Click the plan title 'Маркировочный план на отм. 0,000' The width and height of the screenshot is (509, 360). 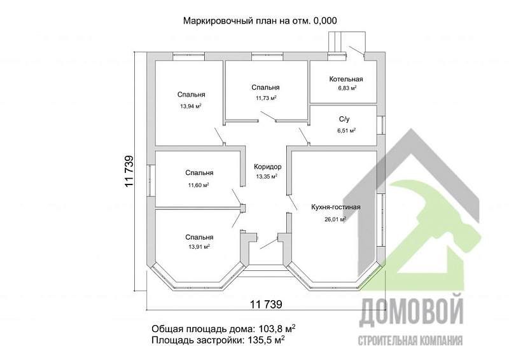click(x=260, y=20)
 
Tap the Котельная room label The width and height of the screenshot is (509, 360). click(x=346, y=80)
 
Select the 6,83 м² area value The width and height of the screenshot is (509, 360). click(x=347, y=89)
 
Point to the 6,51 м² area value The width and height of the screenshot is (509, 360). click(x=346, y=130)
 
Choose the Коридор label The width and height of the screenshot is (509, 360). click(x=267, y=166)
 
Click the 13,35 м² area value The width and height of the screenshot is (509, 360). click(x=267, y=176)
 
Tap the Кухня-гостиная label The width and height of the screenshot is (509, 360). click(x=336, y=207)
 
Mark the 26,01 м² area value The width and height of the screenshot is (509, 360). click(x=335, y=219)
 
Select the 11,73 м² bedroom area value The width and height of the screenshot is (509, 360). click(x=266, y=98)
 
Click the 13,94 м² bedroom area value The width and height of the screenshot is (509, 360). click(x=191, y=106)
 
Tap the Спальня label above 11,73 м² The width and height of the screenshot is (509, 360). click(x=265, y=88)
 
